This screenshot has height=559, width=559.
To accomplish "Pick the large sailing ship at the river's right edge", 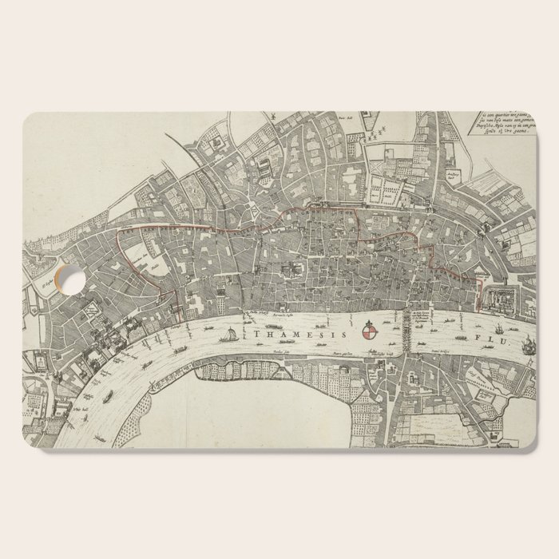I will coord(528,346).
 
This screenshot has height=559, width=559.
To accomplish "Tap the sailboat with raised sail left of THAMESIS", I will coord(230,337).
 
